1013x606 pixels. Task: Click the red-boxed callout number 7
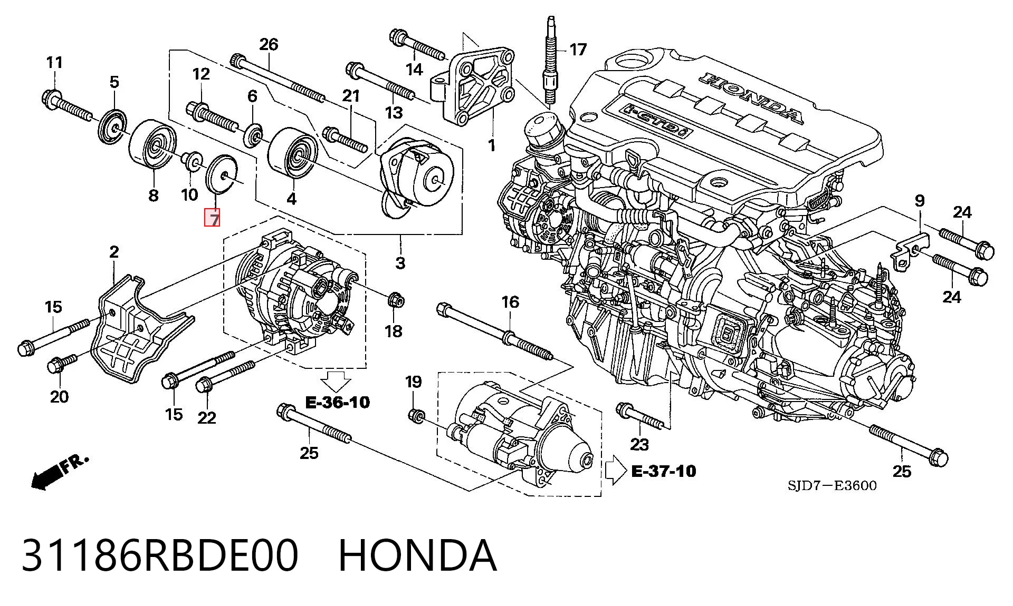point(213,218)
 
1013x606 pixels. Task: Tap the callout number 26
point(269,44)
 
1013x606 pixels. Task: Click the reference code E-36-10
point(338,403)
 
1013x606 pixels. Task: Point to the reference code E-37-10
point(664,471)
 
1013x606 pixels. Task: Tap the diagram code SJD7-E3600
point(832,485)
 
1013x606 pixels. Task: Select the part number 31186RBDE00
point(160,555)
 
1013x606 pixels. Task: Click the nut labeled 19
point(416,415)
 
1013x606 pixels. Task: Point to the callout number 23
point(639,444)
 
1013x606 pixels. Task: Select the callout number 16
point(510,302)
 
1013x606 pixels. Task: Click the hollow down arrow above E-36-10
point(336,381)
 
